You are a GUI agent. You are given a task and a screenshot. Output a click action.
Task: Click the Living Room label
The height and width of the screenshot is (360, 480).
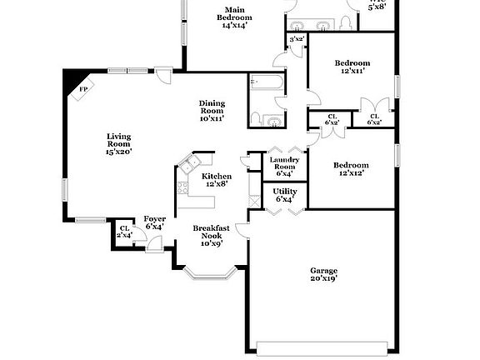[118, 142]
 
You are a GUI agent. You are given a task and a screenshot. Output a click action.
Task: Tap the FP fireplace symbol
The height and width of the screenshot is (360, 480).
[83, 90]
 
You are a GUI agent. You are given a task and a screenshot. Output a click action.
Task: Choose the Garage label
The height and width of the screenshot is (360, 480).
[324, 270]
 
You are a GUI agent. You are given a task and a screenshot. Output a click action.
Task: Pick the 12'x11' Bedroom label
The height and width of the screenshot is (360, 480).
[352, 67]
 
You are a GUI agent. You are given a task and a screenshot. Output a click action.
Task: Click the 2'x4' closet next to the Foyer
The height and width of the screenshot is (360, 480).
[124, 232]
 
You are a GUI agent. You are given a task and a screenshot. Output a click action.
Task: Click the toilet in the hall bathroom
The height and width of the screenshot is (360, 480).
[257, 117]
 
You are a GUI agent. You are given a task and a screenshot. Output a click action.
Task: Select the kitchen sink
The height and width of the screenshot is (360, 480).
[190, 164]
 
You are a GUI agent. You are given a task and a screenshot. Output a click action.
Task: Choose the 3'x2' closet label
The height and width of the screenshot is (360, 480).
[296, 39]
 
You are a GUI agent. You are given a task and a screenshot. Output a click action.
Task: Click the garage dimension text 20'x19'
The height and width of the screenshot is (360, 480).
[324, 279]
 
